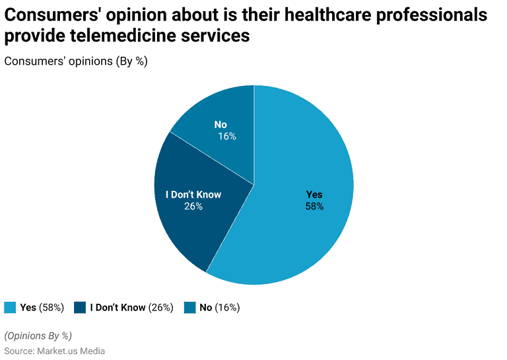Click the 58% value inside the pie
(314, 206)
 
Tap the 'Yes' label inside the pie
(314, 194)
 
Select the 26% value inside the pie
(193, 206)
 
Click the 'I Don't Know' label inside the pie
(193, 194)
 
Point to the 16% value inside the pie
(227, 137)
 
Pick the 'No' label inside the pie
(220, 125)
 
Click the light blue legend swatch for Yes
(10, 307)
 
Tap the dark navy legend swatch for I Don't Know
(80, 307)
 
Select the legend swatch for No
(189, 307)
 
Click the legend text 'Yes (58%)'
(42, 307)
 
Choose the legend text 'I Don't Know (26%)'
(131, 307)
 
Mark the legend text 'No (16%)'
(219, 307)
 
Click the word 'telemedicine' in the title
(127, 36)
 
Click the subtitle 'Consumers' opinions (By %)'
(75, 61)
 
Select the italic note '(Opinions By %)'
(38, 335)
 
